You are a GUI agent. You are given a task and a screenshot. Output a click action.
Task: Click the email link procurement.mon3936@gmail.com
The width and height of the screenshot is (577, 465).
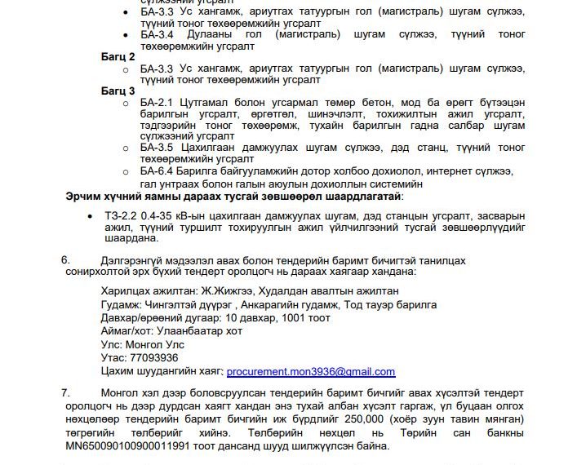point(310,371)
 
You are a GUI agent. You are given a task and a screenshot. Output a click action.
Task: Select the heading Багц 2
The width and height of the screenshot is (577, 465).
point(118,56)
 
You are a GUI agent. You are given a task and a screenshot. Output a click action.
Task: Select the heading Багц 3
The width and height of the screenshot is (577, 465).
point(118,91)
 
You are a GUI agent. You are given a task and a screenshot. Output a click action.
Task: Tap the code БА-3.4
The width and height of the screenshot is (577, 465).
point(158,34)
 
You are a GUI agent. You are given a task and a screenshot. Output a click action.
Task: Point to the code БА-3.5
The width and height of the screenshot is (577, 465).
point(158,148)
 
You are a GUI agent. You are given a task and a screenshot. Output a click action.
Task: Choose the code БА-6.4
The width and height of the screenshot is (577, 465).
point(158,171)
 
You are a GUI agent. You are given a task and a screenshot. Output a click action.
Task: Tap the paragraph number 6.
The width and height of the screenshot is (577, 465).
point(65,259)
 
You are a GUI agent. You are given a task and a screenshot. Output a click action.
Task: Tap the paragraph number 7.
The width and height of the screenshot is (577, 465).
point(65,392)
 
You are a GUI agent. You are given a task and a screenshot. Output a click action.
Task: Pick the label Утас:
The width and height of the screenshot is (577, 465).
point(114,357)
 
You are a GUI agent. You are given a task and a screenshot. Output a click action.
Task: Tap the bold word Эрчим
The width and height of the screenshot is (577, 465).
point(84,197)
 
